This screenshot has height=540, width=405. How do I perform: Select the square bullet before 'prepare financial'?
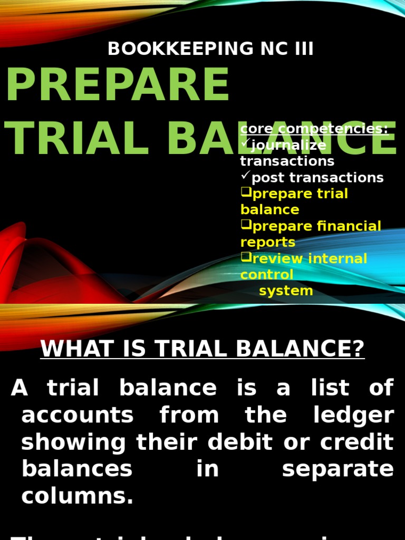(x=246, y=226)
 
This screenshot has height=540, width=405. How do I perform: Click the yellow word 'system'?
(x=286, y=291)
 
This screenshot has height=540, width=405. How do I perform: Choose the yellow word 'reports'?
(x=268, y=243)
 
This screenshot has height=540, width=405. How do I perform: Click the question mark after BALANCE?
(x=359, y=349)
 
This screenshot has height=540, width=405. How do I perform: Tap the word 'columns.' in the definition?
(x=78, y=496)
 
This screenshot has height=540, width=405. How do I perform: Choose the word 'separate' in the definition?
(x=337, y=469)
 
